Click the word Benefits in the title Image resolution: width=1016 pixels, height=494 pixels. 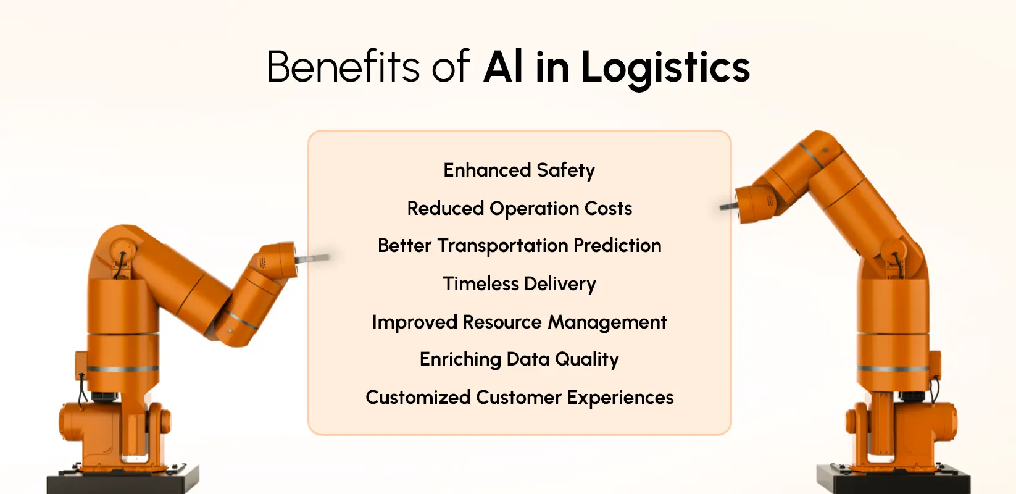click(x=343, y=67)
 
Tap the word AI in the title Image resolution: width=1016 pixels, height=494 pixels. click(x=504, y=67)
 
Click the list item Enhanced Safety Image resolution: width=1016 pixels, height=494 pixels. click(x=519, y=170)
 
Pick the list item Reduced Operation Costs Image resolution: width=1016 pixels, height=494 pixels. click(x=519, y=209)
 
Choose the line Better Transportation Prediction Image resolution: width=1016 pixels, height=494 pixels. click(x=519, y=246)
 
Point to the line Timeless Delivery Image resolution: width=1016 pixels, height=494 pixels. click(x=519, y=284)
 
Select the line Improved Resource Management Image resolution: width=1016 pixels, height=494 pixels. click(x=519, y=322)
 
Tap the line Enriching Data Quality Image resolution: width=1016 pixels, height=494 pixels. click(x=519, y=359)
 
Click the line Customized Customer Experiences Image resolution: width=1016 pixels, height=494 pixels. click(x=519, y=398)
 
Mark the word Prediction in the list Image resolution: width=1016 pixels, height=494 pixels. click(x=617, y=246)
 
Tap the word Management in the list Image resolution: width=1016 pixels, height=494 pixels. click(x=607, y=322)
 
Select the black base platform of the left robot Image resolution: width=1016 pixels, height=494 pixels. click(x=123, y=480)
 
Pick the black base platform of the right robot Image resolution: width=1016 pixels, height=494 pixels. click(x=893, y=480)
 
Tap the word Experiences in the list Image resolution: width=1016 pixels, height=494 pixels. click(x=620, y=398)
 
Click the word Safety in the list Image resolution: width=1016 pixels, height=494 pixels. click(x=565, y=170)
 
